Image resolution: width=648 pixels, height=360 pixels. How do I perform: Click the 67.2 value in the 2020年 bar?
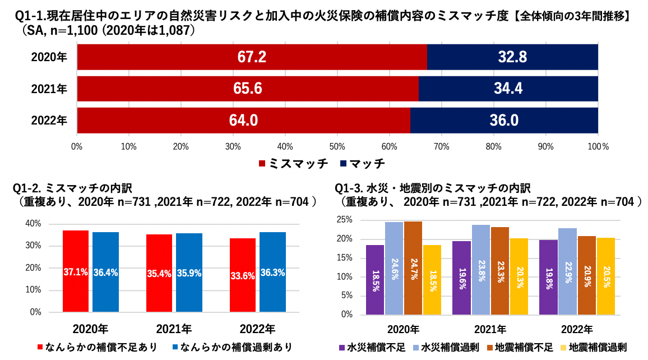(252, 57)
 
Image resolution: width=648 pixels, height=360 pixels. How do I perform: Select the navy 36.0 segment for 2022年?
(504, 120)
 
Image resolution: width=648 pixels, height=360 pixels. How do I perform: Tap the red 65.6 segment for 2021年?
(248, 89)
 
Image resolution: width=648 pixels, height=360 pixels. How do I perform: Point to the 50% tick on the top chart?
(337, 146)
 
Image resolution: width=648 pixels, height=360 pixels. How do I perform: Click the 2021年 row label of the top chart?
(49, 89)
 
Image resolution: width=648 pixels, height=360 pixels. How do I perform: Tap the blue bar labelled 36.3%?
(272, 272)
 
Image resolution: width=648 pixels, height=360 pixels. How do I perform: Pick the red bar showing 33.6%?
(242, 275)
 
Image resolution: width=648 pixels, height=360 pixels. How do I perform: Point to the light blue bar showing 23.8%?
(480, 269)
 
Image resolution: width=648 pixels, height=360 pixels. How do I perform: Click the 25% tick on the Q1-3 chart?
(345, 220)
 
